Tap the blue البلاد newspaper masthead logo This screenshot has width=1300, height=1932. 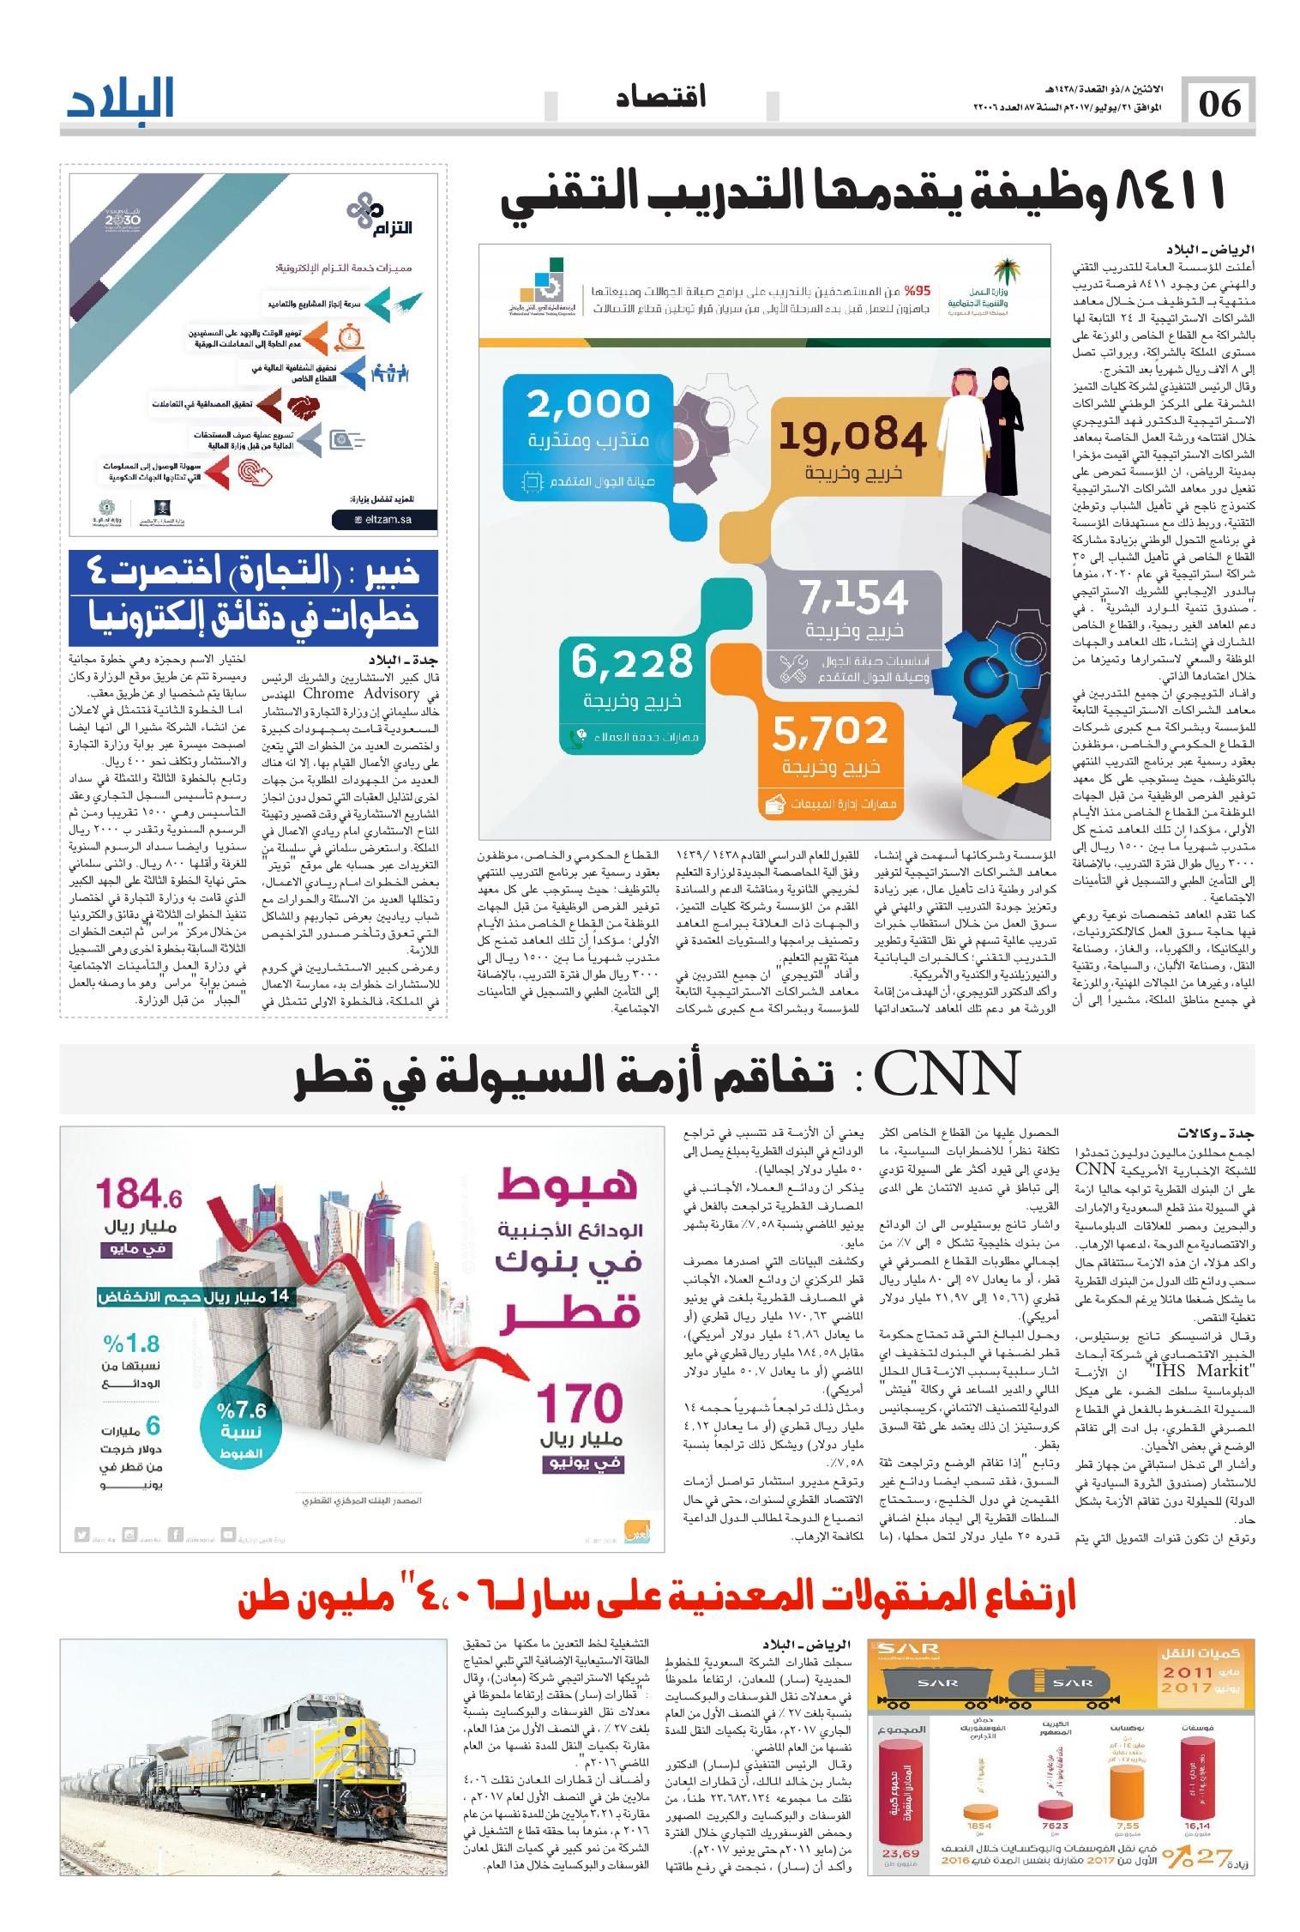point(121,99)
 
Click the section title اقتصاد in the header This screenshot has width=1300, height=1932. point(660,97)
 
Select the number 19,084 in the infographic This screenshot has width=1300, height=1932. point(852,437)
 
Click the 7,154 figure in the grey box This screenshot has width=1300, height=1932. point(853,597)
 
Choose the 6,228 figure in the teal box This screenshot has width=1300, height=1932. point(632,661)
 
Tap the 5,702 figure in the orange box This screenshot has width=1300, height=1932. point(829,731)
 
